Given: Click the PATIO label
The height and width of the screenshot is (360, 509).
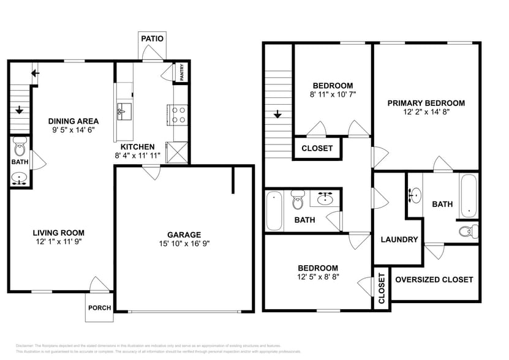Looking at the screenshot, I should tap(153, 39).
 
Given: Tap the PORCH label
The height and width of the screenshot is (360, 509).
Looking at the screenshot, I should tap(99, 308).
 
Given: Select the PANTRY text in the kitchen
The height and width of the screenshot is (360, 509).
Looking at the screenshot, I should tap(182, 72).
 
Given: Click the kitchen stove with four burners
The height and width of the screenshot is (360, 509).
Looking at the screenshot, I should tap(178, 114).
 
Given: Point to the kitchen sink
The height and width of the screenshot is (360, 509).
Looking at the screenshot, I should tap(123, 111).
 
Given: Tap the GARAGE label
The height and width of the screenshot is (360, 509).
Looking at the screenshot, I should tap(184, 234).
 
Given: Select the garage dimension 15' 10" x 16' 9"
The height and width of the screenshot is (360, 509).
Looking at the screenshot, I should tap(184, 244).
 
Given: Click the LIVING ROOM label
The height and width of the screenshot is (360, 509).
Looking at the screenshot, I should tap(59, 233).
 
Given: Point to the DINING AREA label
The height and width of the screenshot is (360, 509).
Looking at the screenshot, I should tap(74, 121).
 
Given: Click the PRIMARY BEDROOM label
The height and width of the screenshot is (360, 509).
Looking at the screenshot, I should tap(426, 103).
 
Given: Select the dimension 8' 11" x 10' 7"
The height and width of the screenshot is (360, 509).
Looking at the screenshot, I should tap(333, 95).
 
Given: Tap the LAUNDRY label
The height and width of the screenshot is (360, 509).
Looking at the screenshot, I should tap(399, 240).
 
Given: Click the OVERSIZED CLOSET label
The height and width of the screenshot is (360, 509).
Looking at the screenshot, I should tap(434, 279).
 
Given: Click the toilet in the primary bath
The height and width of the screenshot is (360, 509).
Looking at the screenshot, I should tap(469, 231).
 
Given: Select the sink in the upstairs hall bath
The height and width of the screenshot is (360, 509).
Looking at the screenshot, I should tap(325, 199).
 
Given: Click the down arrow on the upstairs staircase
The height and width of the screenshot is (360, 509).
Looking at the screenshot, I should tap(277, 114).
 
